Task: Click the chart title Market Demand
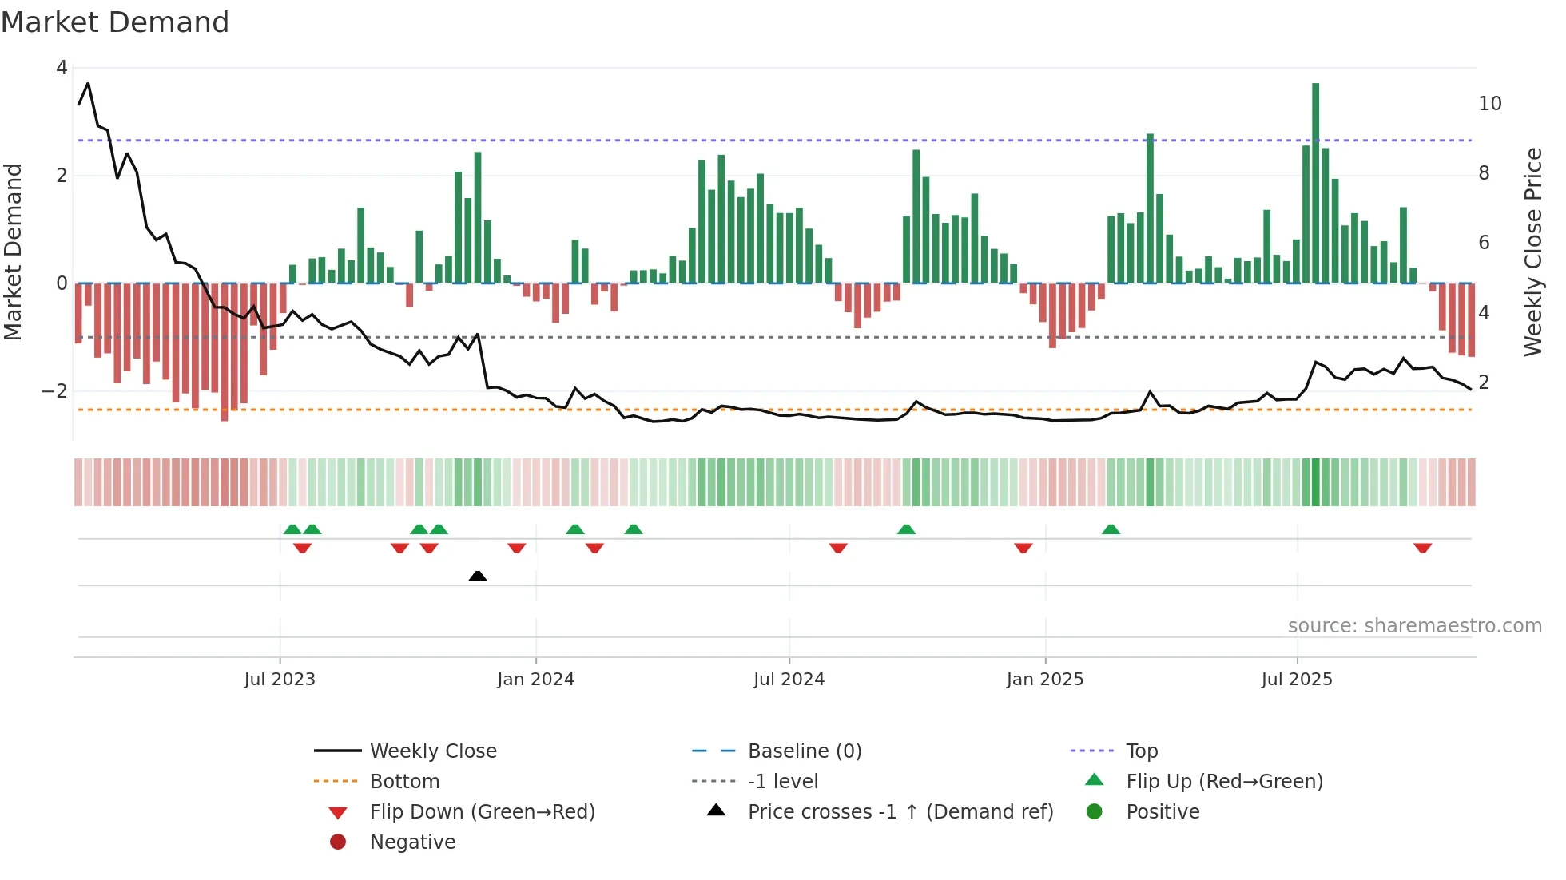click(115, 22)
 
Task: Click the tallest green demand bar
click(1315, 184)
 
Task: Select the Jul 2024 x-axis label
click(789, 680)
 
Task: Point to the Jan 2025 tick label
click(1044, 680)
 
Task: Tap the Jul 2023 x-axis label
click(280, 680)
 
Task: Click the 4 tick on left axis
click(62, 68)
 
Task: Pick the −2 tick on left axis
click(54, 391)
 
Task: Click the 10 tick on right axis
click(1489, 104)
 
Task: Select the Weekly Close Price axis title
click(1532, 252)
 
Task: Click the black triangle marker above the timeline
click(478, 576)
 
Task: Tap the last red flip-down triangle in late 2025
click(1422, 548)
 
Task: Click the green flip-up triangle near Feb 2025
click(1111, 529)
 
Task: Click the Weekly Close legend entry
click(433, 751)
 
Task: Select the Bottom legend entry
click(404, 781)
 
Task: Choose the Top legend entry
click(1142, 751)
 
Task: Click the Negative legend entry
click(412, 842)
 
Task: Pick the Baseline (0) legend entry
click(805, 751)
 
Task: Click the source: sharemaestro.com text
click(1414, 625)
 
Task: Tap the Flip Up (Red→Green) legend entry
click(1224, 781)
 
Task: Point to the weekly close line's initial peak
click(88, 83)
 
